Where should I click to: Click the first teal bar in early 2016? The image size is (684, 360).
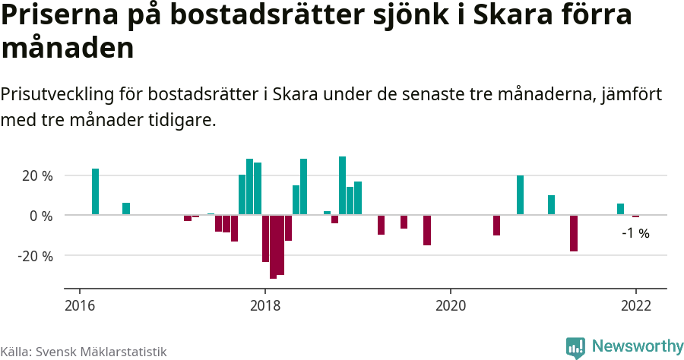coord(96,192)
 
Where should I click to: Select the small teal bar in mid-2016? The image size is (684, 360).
coord(126,209)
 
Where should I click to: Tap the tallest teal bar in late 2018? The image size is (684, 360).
coord(343,186)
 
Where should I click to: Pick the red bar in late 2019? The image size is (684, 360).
coord(427,230)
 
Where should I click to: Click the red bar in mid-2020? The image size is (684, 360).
coord(497,225)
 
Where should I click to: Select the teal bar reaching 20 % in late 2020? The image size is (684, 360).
coord(521,195)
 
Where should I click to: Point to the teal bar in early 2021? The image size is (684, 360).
coord(551,205)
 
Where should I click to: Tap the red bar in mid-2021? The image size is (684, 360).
coord(574,233)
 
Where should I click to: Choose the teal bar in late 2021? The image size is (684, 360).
coord(621,209)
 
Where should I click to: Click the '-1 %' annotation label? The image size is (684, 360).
coord(635,233)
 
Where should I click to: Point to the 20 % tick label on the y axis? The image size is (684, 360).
coord(36,175)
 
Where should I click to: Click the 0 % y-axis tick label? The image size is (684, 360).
coord(41,216)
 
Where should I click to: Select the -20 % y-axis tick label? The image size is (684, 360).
coord(35,256)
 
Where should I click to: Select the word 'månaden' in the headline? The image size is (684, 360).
coord(68,49)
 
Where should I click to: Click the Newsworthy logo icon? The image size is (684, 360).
coord(575,347)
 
